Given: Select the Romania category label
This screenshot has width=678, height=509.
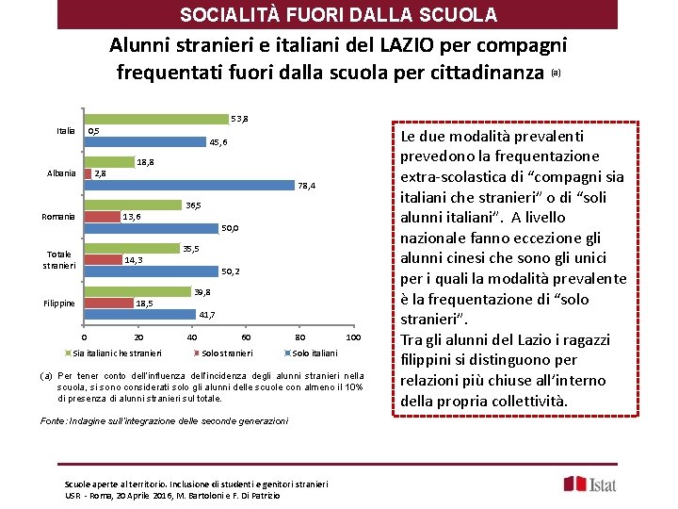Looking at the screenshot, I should coord(58,217).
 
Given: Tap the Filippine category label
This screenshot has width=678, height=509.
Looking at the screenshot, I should coord(59,304).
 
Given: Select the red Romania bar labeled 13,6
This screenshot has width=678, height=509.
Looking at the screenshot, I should coord(102,217).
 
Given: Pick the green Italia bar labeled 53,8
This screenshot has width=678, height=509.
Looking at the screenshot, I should coord(157,120).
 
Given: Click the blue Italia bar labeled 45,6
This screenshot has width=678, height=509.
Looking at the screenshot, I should coord(145,142).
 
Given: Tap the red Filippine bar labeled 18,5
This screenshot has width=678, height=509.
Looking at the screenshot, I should coord(108,304).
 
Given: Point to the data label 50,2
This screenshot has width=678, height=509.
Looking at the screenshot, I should coord(230,271).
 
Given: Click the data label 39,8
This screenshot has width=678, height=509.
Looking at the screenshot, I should coord(202,292).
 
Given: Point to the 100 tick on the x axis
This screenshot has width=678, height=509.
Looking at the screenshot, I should coord(353,337).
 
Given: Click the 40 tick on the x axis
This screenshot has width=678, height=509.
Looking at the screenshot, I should coord(192,337).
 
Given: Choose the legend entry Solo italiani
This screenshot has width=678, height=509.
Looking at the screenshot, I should coord(314,353).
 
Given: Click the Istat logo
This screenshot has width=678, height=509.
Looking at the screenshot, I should coord(590,484).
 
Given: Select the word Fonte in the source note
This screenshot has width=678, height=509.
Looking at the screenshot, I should coord(53,420).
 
